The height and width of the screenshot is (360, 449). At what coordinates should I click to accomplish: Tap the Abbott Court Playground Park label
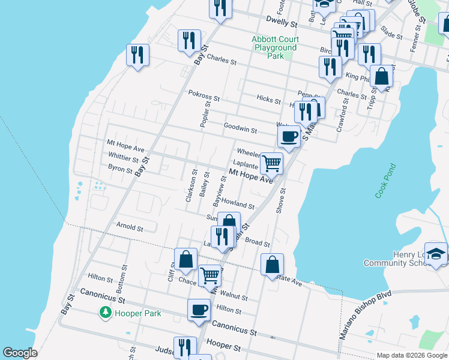coord(275,47)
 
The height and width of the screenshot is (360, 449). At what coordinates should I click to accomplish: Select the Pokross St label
coord(204,94)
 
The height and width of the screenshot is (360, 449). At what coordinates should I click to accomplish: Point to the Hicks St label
coord(268,98)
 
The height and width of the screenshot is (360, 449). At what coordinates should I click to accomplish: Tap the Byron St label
coord(120,170)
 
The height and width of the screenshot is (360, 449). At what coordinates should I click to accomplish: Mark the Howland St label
coord(238,205)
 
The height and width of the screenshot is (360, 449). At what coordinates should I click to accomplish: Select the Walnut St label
coord(234,296)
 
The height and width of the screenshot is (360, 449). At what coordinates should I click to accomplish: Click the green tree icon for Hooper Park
coord(105,313)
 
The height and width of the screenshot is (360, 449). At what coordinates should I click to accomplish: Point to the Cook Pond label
coord(385,181)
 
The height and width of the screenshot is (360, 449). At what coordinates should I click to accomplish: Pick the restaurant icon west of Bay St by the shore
coord(138,56)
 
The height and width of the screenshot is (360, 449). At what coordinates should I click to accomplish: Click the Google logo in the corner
coord(20,353)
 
